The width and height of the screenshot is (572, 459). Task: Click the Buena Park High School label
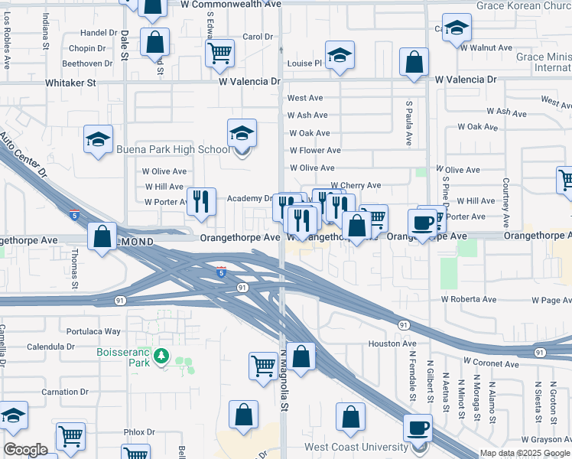pyautogui.click(x=171, y=149)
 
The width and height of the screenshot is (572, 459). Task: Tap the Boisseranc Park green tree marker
pyautogui.click(x=161, y=356)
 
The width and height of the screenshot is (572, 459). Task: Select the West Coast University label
pyautogui.click(x=356, y=447)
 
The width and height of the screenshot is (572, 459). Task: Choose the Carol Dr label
pyautogui.click(x=258, y=37)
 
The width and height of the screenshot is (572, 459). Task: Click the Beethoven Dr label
pyautogui.click(x=88, y=63)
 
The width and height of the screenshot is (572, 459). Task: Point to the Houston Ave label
pyautogui.click(x=392, y=344)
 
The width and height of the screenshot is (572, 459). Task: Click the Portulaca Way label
pyautogui.click(x=93, y=331)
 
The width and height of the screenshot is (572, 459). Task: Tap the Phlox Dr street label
pyautogui.click(x=139, y=432)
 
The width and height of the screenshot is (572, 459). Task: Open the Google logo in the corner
pyautogui.click(x=25, y=450)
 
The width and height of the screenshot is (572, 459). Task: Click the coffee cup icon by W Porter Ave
pyautogui.click(x=422, y=223)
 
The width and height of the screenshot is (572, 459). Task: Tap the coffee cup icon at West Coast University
pyautogui.click(x=418, y=428)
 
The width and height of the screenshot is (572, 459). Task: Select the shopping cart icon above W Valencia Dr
pyautogui.click(x=219, y=53)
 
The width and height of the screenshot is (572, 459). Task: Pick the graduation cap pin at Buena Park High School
pyautogui.click(x=242, y=133)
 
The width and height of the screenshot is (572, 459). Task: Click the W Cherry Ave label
pyautogui.click(x=356, y=186)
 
